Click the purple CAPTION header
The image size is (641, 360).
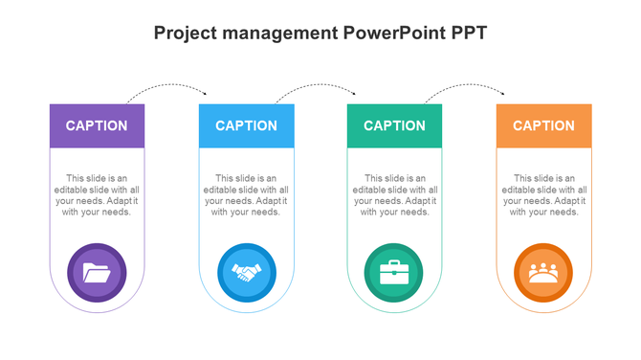97,125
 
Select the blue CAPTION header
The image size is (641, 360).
246,125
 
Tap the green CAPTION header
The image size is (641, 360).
394,125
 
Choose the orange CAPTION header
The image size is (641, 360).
543,125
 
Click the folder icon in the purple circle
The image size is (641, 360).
97,273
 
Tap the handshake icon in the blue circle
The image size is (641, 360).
246,273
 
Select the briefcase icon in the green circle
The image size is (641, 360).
394,273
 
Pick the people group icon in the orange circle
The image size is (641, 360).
543,273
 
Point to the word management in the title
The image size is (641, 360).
278,33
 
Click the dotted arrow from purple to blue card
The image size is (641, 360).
167,86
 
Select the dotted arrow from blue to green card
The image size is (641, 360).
317,86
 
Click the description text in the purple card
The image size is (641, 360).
97,195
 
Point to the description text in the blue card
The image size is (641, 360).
246,195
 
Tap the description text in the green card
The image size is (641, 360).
394,195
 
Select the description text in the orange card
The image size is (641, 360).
543,195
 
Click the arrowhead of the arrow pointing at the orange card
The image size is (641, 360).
503,93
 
